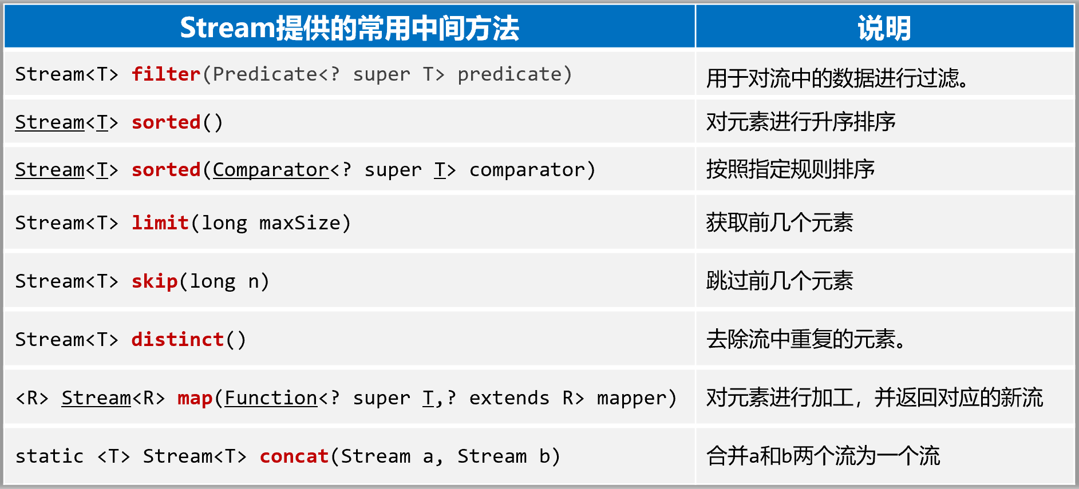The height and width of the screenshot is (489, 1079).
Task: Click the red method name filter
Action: pyautogui.click(x=166, y=74)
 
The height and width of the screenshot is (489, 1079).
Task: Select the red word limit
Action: pyautogui.click(x=160, y=222)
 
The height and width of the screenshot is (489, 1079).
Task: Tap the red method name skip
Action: pyautogui.click(x=155, y=281)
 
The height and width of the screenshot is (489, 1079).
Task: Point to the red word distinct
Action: pyautogui.click(x=177, y=339)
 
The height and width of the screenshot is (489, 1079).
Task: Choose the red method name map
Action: pyautogui.click(x=195, y=398)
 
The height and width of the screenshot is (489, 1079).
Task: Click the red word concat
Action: pyautogui.click(x=294, y=456)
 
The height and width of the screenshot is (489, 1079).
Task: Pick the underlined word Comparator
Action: pyautogui.click(x=271, y=170)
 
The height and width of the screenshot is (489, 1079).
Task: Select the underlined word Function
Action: pyautogui.click(x=271, y=398)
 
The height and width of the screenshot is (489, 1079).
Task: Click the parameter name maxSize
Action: pyautogui.click(x=300, y=222)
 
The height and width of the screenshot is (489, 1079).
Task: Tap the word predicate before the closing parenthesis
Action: pyautogui.click(x=509, y=75)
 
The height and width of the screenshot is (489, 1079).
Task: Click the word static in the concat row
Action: pyautogui.click(x=50, y=456)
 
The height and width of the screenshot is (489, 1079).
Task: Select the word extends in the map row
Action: pyautogui.click(x=509, y=398)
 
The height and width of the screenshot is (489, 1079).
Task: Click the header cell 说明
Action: pyautogui.click(x=884, y=28)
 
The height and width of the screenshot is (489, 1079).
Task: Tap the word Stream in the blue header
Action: pyautogui.click(x=228, y=28)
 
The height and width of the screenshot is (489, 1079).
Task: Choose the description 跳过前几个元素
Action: pyautogui.click(x=780, y=281)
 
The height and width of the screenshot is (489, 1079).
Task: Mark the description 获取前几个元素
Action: pyautogui.click(x=780, y=222)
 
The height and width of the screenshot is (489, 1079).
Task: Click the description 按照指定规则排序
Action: pyautogui.click(x=791, y=169)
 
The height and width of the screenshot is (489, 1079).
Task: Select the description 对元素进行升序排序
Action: pyautogui.click(x=801, y=122)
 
